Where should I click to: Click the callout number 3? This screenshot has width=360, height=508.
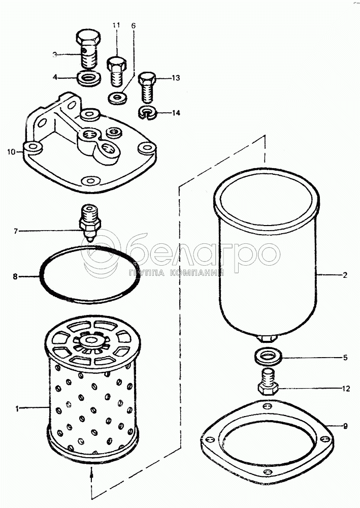55,55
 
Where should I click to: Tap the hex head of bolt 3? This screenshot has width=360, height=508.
88,38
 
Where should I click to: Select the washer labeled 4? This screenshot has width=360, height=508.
89,78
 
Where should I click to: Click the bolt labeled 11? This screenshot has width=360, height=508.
117,71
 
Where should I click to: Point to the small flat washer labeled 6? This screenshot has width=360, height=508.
117,98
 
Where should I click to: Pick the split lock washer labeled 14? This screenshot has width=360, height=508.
147,113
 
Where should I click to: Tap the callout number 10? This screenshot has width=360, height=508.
11,151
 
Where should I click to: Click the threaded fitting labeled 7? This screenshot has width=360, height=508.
90,223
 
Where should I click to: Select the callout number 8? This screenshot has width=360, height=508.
15,276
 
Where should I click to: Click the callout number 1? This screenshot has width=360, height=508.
17,409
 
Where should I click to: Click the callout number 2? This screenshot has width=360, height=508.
345,275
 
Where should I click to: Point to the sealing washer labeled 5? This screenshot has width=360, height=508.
268,357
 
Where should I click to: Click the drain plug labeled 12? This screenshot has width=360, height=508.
268,382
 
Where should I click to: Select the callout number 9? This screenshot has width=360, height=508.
345,426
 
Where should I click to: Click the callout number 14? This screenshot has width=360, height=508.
176,113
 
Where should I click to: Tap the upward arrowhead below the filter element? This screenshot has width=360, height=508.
91,475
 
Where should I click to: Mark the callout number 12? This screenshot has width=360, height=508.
346,389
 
